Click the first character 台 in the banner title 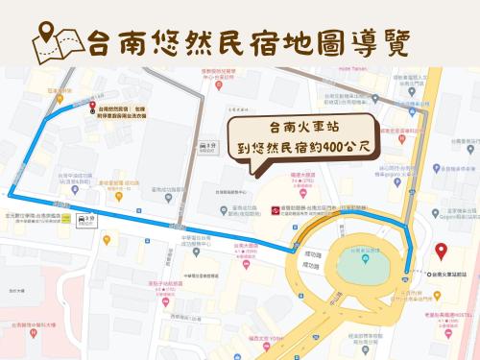coord(100,42)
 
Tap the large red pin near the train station coord(441,252)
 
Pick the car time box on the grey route coord(206,145)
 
